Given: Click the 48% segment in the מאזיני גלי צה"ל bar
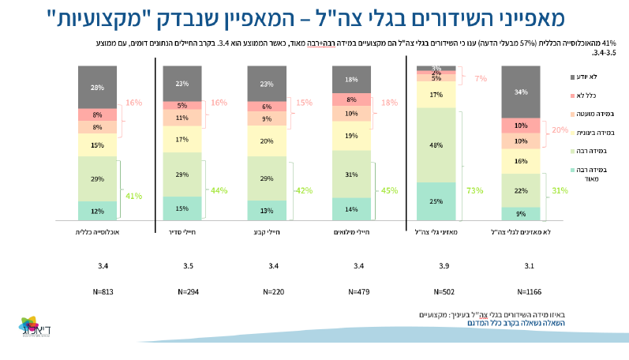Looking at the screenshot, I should [436, 144].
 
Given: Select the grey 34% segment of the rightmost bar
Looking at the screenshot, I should [520, 92].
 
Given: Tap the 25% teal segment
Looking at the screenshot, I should [436, 201].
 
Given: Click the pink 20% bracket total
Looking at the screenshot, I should [560, 130].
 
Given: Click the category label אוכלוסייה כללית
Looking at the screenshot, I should [97, 232].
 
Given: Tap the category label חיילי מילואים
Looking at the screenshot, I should [351, 232].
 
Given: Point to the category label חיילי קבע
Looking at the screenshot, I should [267, 232].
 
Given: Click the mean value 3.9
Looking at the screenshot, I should [436, 266].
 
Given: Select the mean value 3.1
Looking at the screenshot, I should [520, 266].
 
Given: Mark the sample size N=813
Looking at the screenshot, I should [97, 292].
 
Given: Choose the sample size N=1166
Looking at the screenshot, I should [520, 292].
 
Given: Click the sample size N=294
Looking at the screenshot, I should [182, 292].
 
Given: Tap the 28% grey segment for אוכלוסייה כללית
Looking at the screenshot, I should [97, 87].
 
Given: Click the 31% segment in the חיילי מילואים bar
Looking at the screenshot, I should [351, 174].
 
